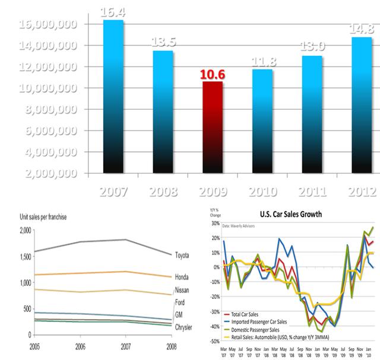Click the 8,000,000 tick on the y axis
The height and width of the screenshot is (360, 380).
47,109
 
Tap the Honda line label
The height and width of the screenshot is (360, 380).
182,277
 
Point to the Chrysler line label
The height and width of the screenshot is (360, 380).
184,327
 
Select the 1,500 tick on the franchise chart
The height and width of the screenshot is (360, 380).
24,256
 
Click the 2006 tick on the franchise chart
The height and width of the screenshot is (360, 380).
80,345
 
